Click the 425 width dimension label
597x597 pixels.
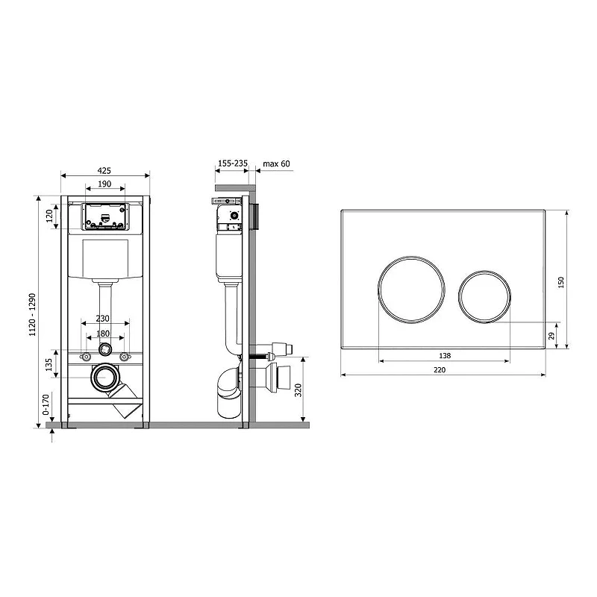104,170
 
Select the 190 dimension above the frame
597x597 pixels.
104,184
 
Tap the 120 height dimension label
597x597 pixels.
49,216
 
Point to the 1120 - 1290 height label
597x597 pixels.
32,314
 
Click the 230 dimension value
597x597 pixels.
102,319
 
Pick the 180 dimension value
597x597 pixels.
103,334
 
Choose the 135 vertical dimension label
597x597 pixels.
49,365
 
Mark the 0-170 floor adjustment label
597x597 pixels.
46,404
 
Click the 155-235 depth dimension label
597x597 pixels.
233,163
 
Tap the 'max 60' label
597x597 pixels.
276,163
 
